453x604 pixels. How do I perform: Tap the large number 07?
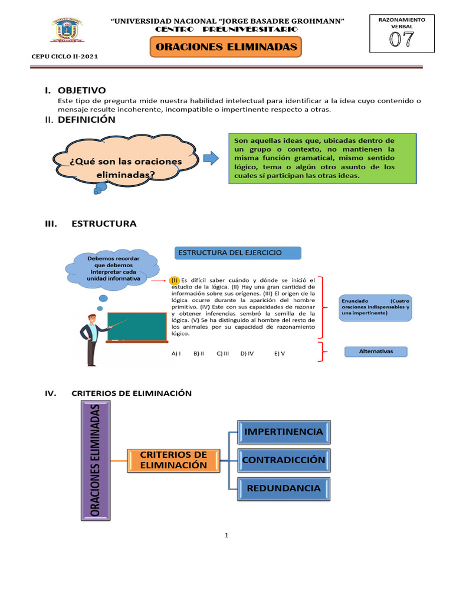401,40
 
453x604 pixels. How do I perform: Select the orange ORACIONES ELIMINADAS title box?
226,47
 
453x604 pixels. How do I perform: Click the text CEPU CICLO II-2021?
64,57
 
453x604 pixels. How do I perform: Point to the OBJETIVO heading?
81,90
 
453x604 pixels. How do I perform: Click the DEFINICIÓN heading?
86,120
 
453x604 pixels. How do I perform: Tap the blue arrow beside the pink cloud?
211,158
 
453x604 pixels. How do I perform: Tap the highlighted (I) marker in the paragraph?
174,280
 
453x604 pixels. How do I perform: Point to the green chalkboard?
136,326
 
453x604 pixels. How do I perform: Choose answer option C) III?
222,353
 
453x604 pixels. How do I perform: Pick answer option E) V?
279,353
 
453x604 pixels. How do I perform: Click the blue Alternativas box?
376,352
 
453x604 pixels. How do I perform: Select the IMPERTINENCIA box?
284,432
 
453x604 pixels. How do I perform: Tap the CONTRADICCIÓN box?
284,459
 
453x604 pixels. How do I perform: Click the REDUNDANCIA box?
284,488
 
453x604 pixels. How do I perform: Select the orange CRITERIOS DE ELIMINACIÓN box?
173,460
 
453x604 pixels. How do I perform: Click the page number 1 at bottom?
226,536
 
